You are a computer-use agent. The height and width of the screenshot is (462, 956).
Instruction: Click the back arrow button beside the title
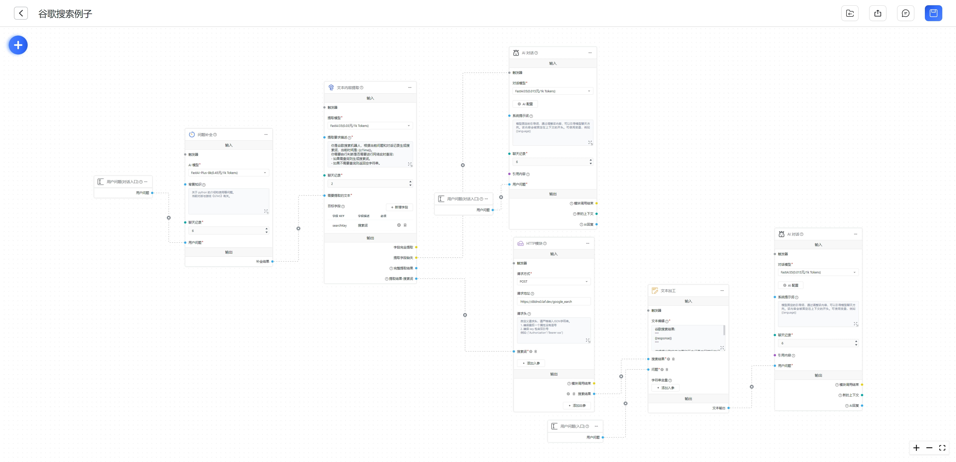pyautogui.click(x=21, y=13)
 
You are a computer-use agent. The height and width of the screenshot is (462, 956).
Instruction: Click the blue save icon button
pyautogui.click(x=933, y=13)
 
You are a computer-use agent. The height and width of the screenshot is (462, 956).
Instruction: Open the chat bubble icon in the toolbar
pyautogui.click(x=905, y=13)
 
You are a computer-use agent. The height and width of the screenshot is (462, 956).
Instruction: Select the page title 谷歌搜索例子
pyautogui.click(x=65, y=14)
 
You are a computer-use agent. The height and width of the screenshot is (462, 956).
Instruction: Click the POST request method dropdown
pyautogui.click(x=553, y=281)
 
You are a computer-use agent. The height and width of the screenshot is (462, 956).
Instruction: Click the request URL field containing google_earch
pyautogui.click(x=553, y=302)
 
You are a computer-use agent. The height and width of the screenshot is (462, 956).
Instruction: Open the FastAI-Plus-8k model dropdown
pyautogui.click(x=228, y=173)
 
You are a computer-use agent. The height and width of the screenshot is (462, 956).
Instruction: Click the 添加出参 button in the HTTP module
pyautogui.click(x=577, y=406)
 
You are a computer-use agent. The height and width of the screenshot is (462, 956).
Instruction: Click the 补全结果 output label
pyautogui.click(x=262, y=261)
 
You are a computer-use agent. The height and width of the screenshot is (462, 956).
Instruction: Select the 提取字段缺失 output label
pyautogui.click(x=403, y=258)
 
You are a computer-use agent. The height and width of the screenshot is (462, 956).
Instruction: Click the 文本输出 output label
pyautogui.click(x=718, y=408)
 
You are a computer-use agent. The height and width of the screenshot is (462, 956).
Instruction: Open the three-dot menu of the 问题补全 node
pyautogui.click(x=266, y=135)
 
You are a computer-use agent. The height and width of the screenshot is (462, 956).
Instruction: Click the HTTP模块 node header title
pyautogui.click(x=534, y=244)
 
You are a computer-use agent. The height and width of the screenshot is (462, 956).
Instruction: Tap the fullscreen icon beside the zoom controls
pyautogui.click(x=942, y=448)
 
